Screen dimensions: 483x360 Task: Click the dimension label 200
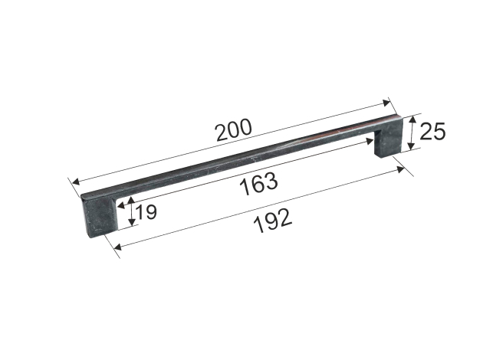[x=234, y=130]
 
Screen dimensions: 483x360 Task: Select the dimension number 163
[x=259, y=184]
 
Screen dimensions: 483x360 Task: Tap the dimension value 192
[x=273, y=221]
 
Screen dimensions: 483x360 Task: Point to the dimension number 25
[x=432, y=131]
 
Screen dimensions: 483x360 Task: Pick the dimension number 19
[x=146, y=212]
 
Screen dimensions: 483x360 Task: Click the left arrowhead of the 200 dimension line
[x=76, y=182]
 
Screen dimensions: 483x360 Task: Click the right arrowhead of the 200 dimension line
[x=386, y=103]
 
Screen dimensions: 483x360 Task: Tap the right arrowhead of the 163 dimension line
[x=370, y=141]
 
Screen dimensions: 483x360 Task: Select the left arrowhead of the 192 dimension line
[x=117, y=247]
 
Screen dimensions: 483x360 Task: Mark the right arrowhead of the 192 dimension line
[x=401, y=169]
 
